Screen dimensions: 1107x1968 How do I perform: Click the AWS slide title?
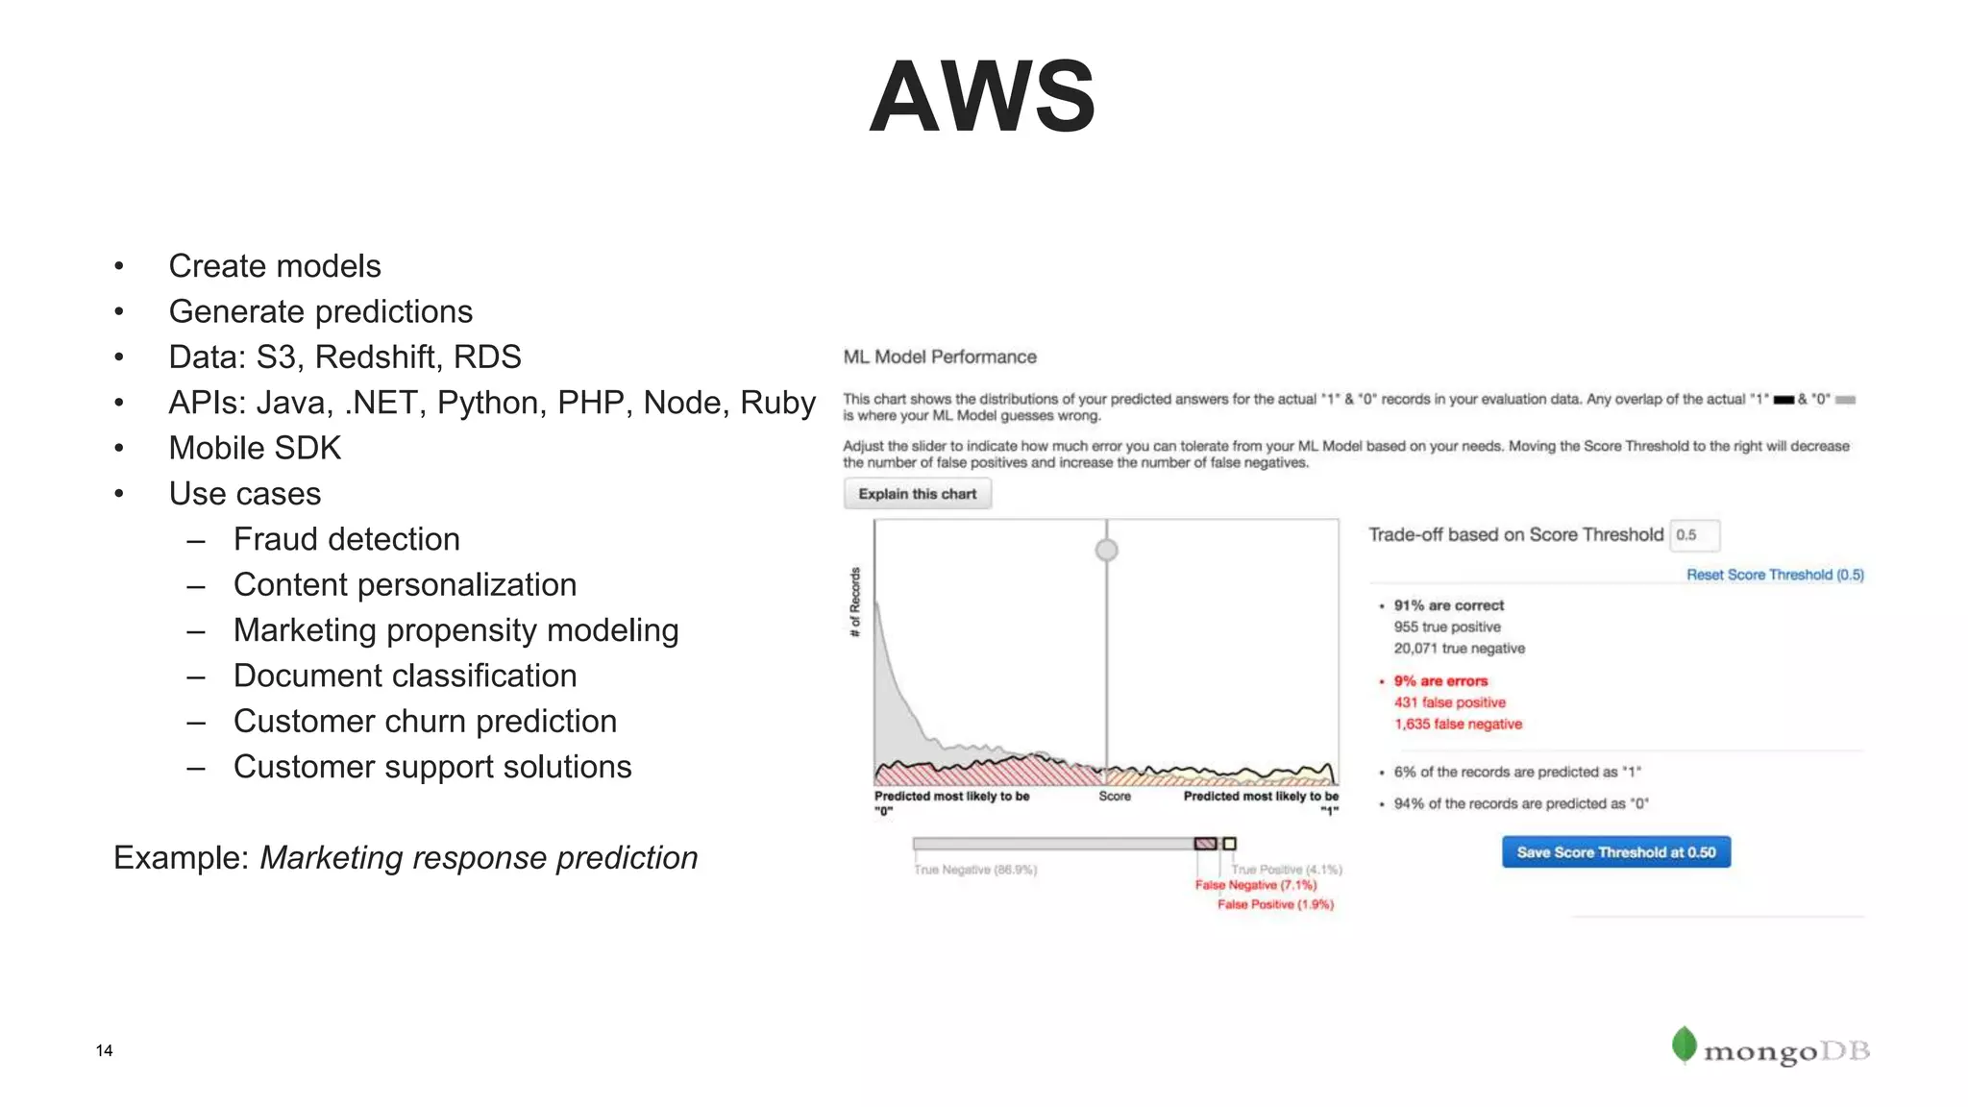tap(982, 97)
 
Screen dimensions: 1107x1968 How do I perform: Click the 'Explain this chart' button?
tap(917, 494)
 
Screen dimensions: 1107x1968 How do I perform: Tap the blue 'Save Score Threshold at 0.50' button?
tap(1615, 852)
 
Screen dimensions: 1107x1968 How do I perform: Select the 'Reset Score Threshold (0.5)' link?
tap(1774, 575)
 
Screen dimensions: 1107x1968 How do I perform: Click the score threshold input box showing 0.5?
tap(1694, 535)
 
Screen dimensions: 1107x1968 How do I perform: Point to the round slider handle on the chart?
tap(1106, 550)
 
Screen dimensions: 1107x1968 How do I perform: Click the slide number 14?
tap(104, 1050)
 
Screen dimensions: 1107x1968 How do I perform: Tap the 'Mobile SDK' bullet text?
tap(255, 448)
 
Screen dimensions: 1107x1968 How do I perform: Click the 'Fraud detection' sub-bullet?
tap(346, 539)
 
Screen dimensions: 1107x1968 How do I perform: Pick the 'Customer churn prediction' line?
tap(425, 721)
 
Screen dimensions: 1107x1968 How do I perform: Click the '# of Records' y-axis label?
tap(855, 603)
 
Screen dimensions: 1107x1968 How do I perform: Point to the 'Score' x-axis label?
tap(1115, 797)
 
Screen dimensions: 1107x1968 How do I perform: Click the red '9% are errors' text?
tap(1439, 680)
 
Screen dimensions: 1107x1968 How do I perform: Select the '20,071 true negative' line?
tap(1459, 649)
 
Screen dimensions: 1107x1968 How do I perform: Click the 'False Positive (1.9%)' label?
tap(1275, 904)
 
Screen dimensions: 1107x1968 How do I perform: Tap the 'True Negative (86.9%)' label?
tap(974, 870)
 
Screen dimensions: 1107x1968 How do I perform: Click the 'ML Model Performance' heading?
tap(939, 357)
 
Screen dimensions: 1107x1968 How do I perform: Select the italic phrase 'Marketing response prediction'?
tap(479, 857)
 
